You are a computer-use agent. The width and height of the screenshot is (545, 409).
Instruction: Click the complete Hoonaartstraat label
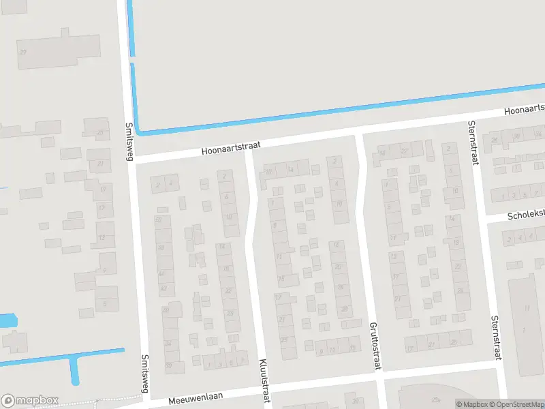point(231,147)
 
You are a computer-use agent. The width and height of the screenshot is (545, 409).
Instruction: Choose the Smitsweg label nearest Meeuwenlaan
point(144,374)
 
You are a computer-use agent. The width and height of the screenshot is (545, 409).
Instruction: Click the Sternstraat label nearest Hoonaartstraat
point(471,142)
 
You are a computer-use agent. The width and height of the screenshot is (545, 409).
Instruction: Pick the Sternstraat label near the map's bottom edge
point(495,337)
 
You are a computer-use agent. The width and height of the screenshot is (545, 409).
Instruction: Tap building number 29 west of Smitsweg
point(23,52)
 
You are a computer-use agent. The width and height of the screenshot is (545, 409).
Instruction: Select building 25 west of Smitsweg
point(100,132)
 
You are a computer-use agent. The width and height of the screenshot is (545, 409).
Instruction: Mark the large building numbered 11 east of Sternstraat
point(526,308)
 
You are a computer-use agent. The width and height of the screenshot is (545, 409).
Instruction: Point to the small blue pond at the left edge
point(7,320)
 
